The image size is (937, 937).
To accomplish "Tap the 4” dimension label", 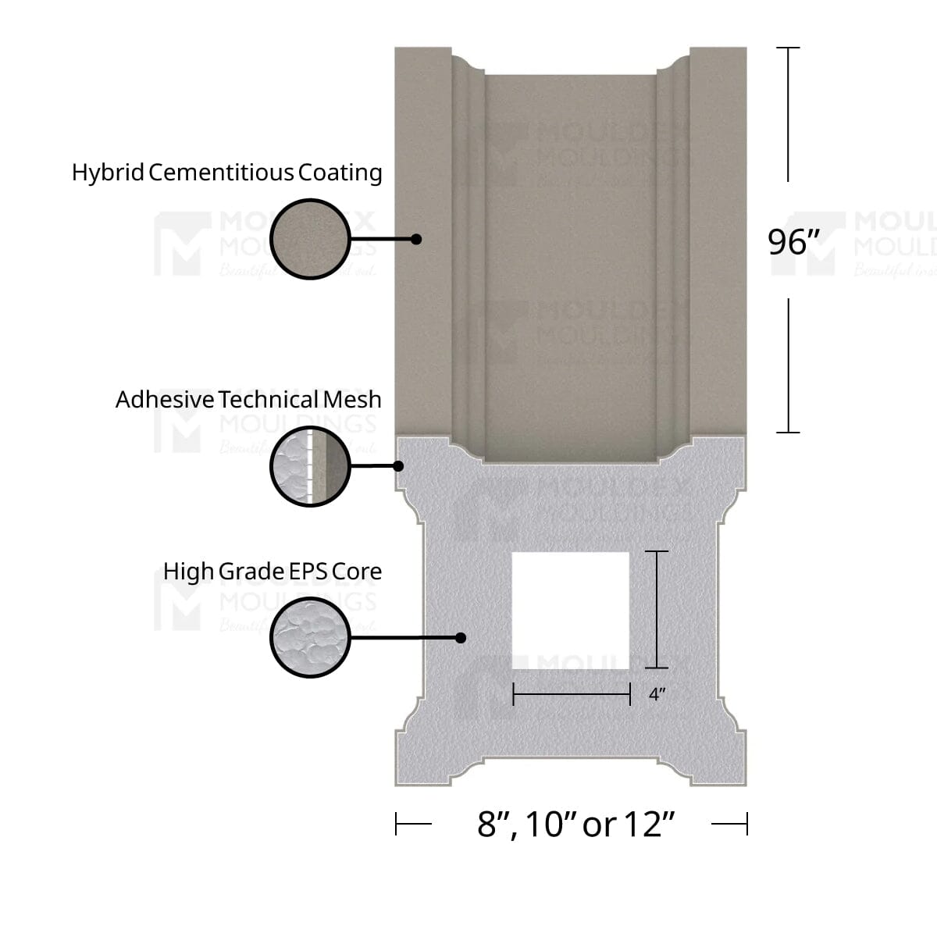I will [657, 694].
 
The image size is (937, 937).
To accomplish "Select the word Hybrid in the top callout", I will [108, 173].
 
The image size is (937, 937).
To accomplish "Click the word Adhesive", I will [164, 400].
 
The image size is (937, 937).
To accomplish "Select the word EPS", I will [308, 572].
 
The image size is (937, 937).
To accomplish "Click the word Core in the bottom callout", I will [357, 572].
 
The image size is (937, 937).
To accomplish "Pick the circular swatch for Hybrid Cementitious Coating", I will [310, 239].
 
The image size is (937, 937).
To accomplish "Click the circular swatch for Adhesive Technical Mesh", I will [310, 467].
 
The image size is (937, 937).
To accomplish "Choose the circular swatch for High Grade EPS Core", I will [310, 638].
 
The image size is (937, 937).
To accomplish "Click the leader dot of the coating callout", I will [416, 239].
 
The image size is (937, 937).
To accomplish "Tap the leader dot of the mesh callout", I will [398, 466].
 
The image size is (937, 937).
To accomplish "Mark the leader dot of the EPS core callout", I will [461, 638].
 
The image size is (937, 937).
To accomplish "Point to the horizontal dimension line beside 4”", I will [571, 693].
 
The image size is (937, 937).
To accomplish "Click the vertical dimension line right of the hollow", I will [657, 610].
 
